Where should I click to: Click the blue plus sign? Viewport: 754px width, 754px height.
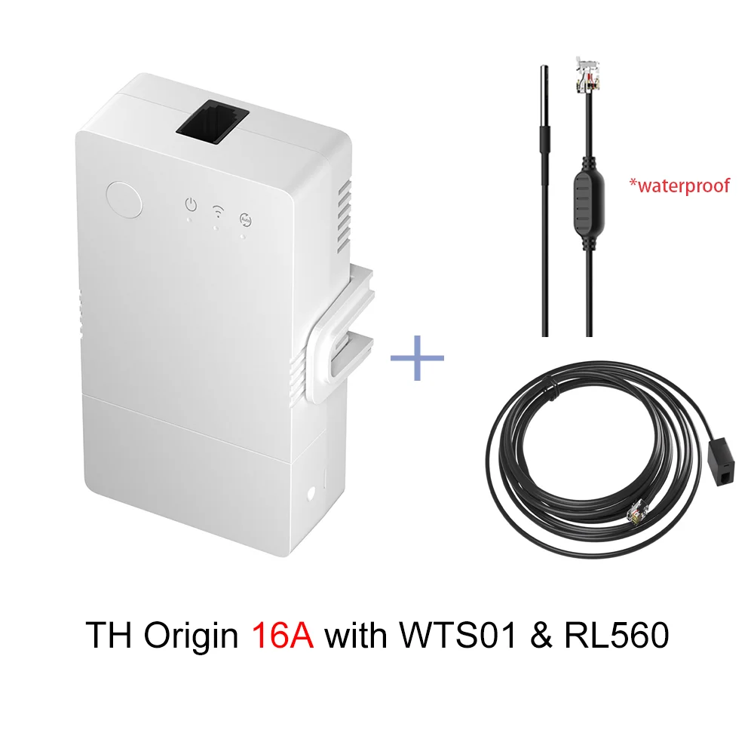[417, 354]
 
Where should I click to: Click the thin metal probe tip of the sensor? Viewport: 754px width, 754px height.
[541, 90]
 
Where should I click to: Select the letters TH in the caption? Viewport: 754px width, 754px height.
[108, 636]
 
